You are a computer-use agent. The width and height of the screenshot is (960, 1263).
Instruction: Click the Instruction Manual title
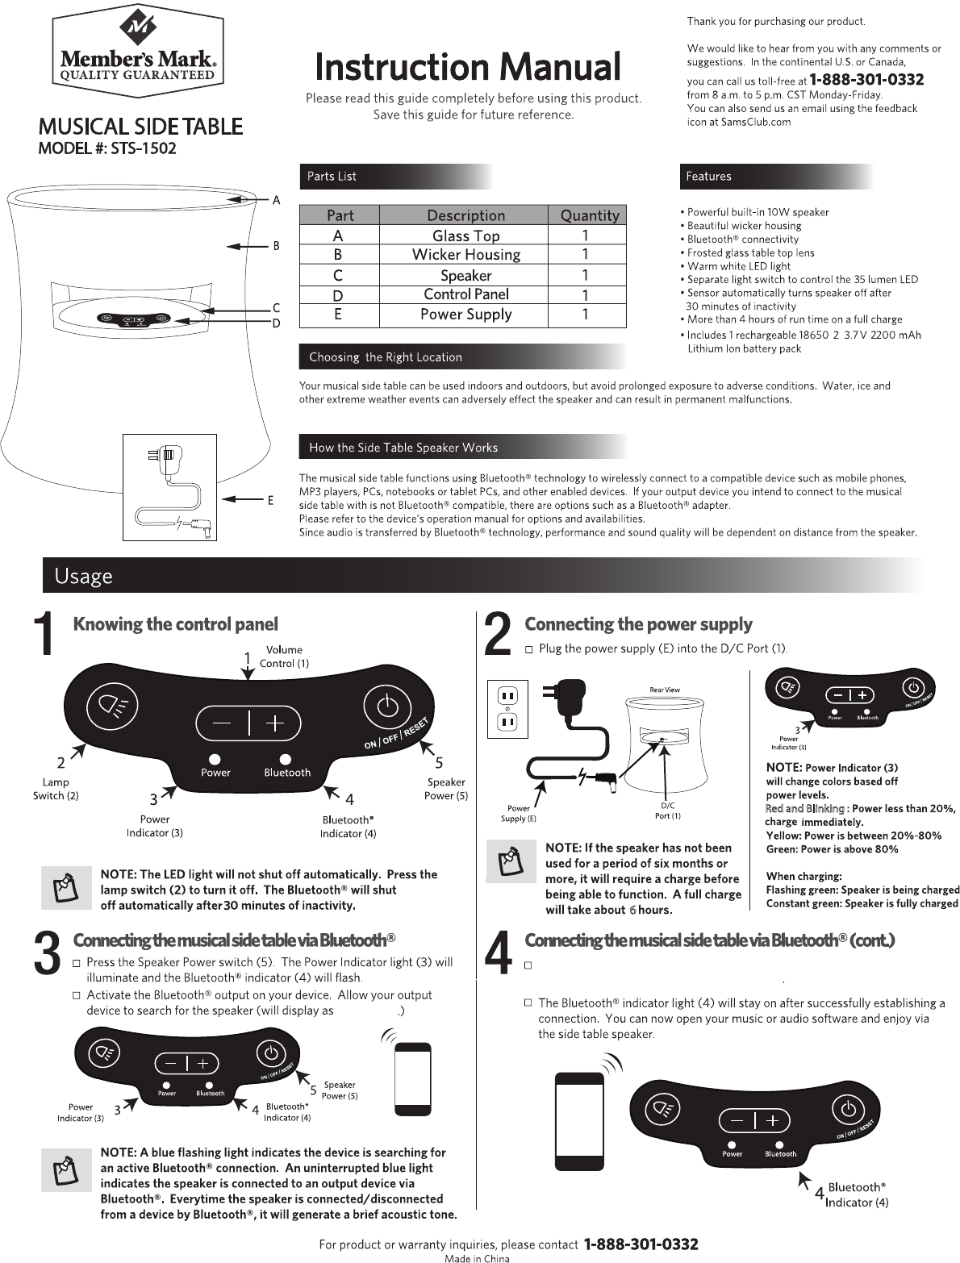[x=468, y=67]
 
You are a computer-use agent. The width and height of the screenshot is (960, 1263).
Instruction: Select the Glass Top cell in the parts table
[x=465, y=236]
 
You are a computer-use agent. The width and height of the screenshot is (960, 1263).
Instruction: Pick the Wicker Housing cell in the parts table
[x=465, y=255]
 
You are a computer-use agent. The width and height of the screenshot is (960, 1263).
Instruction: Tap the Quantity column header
[x=590, y=215]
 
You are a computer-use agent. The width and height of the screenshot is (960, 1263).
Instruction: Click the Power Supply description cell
[x=465, y=314]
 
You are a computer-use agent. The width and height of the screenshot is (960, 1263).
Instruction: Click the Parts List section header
[x=332, y=177]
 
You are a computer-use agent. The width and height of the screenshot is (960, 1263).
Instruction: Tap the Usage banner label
[x=83, y=576]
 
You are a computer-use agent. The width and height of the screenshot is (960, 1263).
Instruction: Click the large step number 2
[x=499, y=635]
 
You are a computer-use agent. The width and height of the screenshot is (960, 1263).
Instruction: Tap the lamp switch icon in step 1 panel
[x=111, y=707]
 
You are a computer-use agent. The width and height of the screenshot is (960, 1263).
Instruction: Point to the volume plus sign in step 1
[x=275, y=723]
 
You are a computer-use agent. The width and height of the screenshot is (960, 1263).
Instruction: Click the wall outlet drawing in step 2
[x=507, y=709]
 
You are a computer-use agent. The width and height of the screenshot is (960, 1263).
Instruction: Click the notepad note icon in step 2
[x=511, y=862]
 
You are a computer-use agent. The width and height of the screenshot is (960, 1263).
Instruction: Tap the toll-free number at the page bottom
[x=640, y=1244]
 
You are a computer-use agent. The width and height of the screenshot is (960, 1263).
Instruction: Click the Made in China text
[x=477, y=1257]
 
